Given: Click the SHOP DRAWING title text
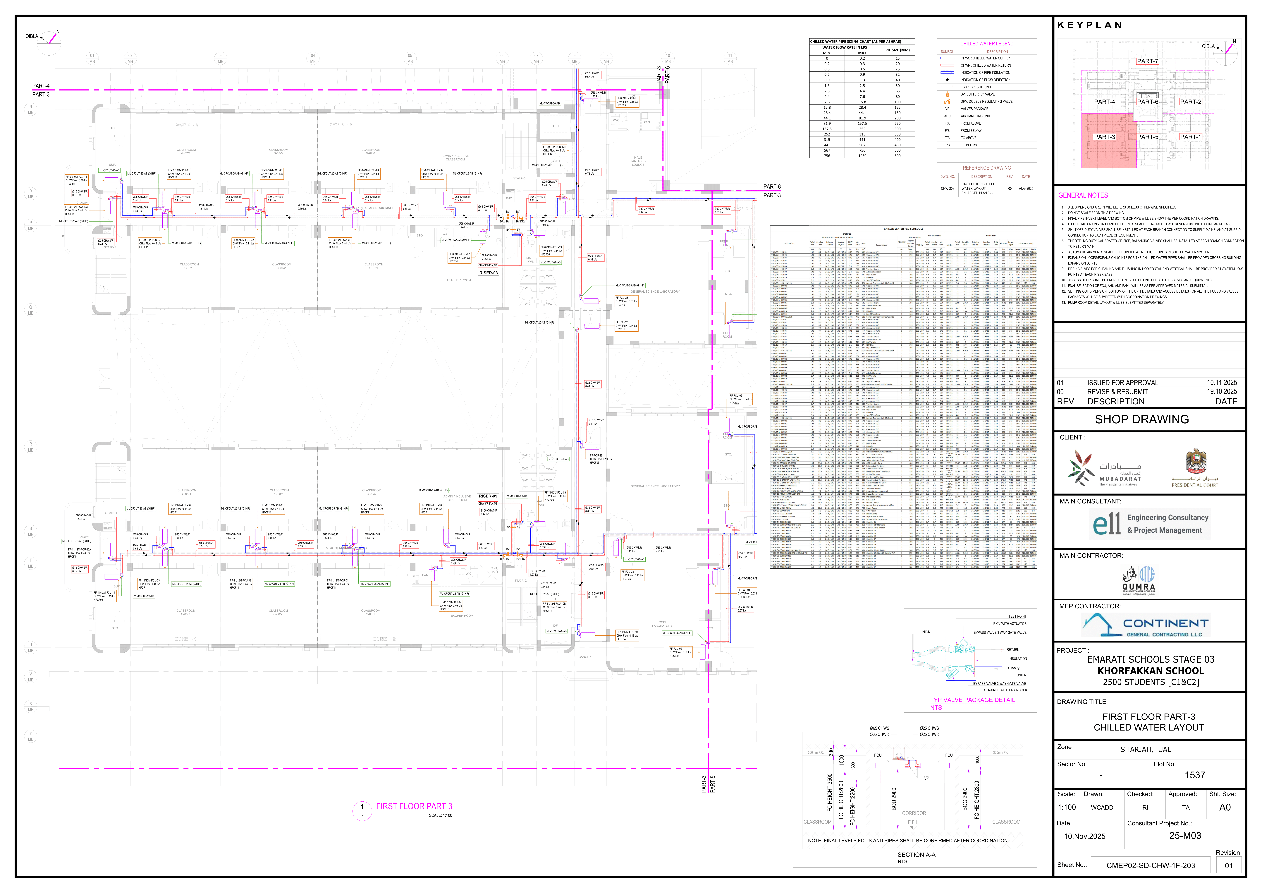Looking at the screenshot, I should point(1142,420).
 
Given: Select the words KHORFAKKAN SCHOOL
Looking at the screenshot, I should point(1150,671).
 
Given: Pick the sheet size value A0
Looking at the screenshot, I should point(1225,807).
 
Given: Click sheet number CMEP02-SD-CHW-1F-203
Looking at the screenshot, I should point(1150,865).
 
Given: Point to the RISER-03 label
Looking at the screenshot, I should point(488,273).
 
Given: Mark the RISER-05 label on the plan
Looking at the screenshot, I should point(488,496).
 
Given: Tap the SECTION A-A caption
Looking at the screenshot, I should point(916,855).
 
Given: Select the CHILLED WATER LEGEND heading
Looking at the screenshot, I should point(987,44).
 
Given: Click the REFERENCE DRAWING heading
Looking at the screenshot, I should point(987,168).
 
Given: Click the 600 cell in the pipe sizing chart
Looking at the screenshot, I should point(897,156).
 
